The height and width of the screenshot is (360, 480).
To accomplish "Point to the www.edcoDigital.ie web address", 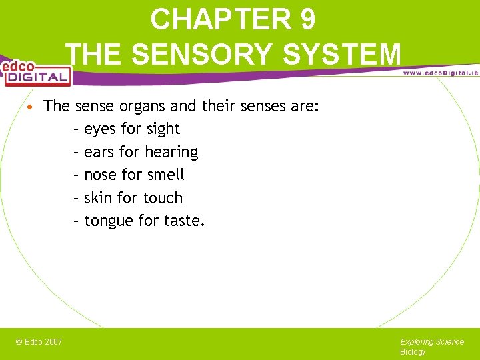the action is pos(440,72).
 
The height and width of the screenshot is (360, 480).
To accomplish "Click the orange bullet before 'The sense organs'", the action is pos(31,107).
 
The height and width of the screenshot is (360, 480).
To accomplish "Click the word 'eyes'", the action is pos(99,129).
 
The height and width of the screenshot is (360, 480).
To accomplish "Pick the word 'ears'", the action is pos(99,153).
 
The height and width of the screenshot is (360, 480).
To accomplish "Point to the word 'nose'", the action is pos(101,175).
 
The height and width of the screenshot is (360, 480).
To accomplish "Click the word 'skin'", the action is pos(98,198).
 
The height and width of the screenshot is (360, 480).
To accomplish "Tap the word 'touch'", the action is pos(163,198).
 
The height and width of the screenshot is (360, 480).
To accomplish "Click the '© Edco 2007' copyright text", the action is pos(39,342).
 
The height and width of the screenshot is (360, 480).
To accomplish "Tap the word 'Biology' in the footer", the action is pos(413,352).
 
